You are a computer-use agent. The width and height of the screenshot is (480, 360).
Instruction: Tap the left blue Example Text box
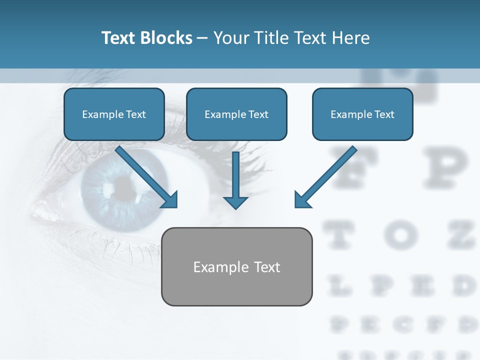pos(114,114)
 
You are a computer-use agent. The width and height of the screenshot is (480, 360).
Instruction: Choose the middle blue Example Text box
pos(236,114)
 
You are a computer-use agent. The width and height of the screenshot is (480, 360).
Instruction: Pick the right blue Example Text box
pos(362,114)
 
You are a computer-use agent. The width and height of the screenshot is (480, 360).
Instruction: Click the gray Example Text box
pos(237,266)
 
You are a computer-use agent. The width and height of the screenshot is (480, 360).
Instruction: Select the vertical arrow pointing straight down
pos(235,180)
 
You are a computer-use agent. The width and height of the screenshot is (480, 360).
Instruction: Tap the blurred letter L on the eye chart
pos(340,286)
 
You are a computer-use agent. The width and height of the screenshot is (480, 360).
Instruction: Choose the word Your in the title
pos(231,38)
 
